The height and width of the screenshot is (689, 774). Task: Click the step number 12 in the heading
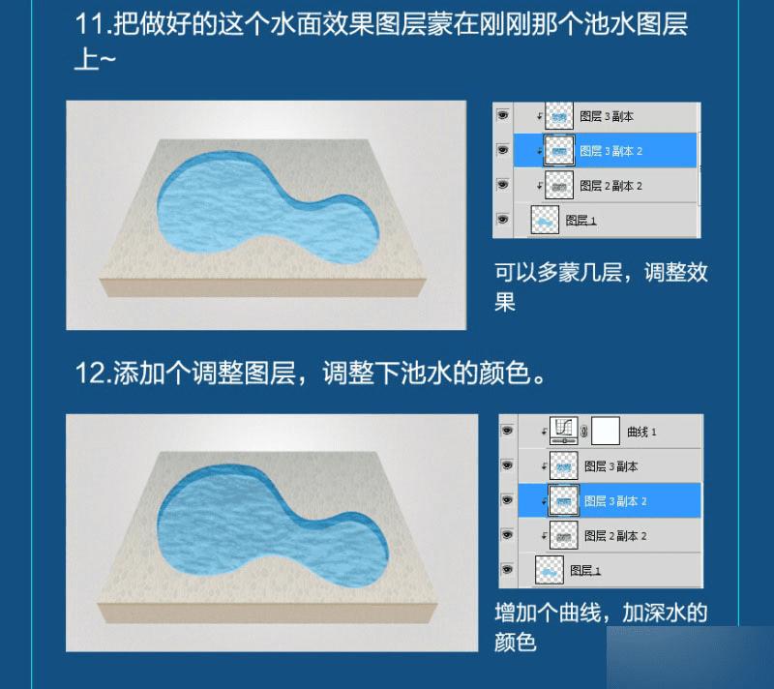pyautogui.click(x=91, y=374)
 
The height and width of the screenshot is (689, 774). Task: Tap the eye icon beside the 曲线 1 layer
pyautogui.click(x=506, y=431)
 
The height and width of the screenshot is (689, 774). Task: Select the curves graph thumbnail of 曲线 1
pyautogui.click(x=563, y=431)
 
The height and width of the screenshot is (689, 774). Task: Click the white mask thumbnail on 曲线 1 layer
pyautogui.click(x=606, y=431)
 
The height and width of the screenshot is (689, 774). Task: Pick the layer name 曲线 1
pyautogui.click(x=642, y=431)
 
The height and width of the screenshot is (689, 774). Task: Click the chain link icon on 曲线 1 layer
pyautogui.click(x=584, y=431)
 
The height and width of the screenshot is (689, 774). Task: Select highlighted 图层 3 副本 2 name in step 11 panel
pyautogui.click(x=611, y=150)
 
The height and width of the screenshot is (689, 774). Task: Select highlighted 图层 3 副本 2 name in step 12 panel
pyautogui.click(x=615, y=500)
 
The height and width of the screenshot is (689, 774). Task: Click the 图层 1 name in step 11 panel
pyautogui.click(x=580, y=220)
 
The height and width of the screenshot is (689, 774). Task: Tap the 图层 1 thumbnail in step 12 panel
pyautogui.click(x=549, y=570)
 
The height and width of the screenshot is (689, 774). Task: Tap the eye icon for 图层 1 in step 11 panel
pyautogui.click(x=502, y=220)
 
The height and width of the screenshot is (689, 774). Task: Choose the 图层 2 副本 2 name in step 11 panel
pyautogui.click(x=611, y=185)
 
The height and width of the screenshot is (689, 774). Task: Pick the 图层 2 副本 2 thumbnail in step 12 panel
pyautogui.click(x=563, y=535)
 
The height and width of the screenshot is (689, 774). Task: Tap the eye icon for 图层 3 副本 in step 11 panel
pyautogui.click(x=502, y=115)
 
